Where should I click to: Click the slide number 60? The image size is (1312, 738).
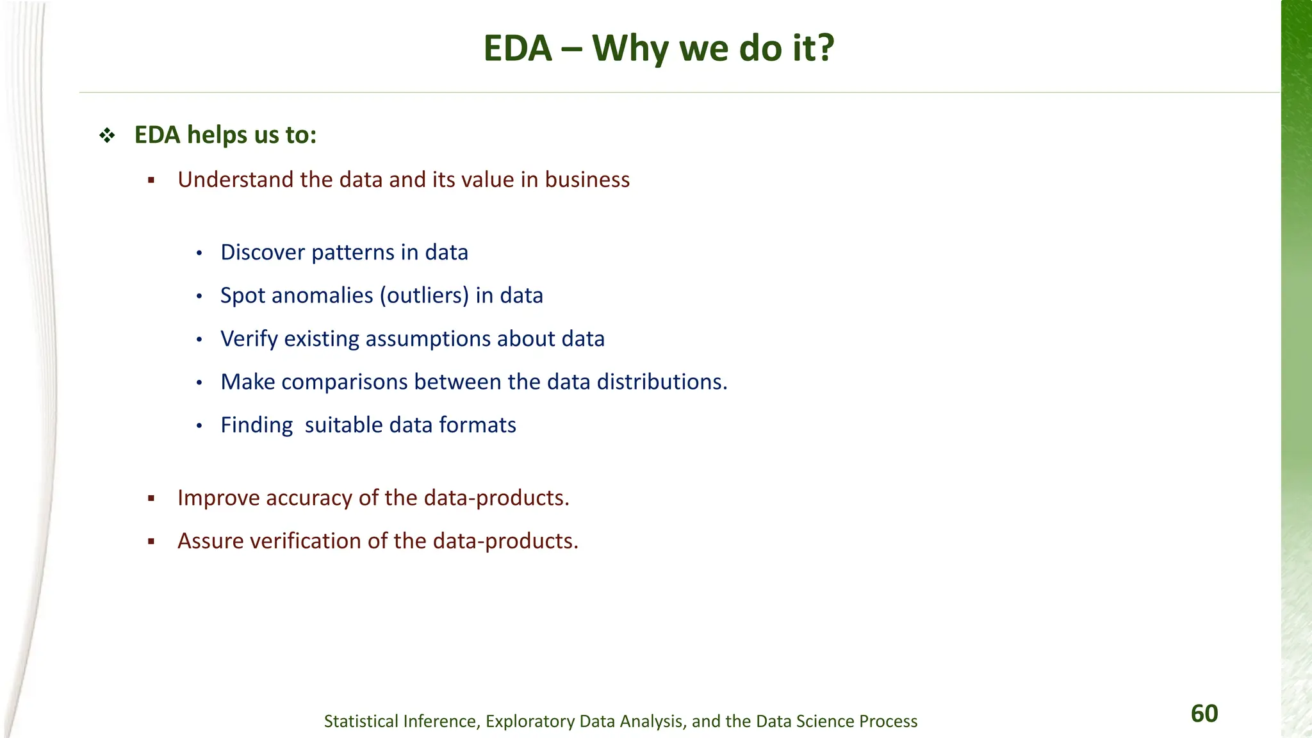(1204, 714)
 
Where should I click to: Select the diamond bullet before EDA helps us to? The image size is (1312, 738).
(107, 135)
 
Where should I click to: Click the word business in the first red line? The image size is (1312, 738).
(587, 180)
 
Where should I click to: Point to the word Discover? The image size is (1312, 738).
(263, 252)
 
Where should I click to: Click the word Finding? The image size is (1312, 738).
(256, 425)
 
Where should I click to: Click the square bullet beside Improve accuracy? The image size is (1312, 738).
(151, 498)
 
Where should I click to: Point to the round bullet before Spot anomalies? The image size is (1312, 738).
(199, 297)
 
